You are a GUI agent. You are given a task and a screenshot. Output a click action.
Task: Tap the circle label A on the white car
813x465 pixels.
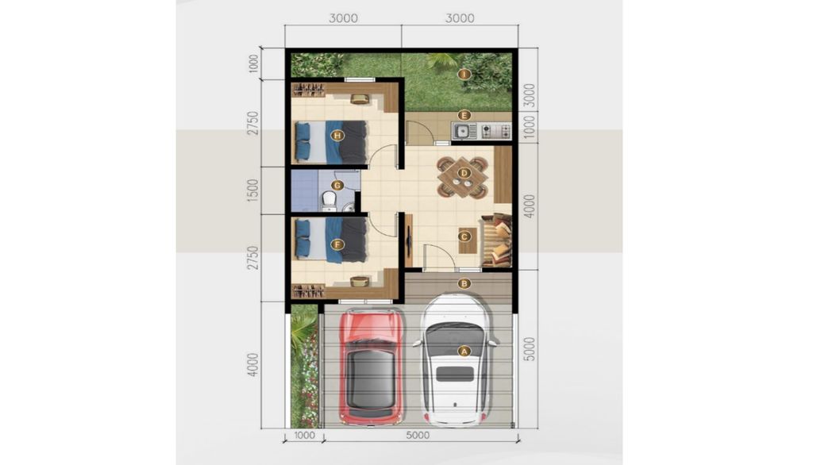point(464,350)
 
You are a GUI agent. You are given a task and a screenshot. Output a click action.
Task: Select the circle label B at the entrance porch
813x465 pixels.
point(464,282)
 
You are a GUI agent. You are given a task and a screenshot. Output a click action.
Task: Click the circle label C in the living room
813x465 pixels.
point(464,236)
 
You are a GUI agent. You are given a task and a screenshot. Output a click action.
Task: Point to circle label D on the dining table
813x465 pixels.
point(464,172)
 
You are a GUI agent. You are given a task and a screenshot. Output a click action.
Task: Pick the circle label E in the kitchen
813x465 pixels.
point(464,115)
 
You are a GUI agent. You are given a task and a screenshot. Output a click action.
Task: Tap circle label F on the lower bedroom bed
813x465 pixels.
point(337,245)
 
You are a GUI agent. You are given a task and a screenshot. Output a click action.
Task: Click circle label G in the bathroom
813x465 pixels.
point(337,186)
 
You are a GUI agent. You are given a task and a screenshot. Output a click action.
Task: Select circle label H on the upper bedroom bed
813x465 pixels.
point(337,135)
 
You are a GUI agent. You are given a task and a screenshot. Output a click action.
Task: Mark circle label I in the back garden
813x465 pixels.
point(464,74)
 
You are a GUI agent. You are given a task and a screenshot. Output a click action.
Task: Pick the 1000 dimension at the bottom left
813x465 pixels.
point(305,434)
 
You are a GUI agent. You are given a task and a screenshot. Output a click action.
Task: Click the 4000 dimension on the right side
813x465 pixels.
point(530,206)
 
